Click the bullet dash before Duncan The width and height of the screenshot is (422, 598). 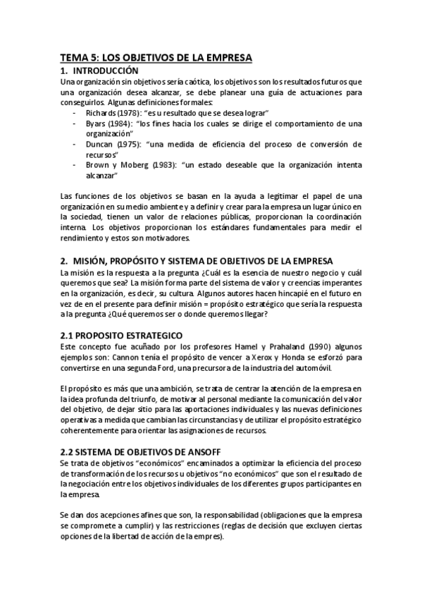point(75,144)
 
